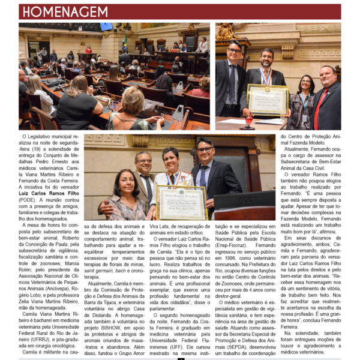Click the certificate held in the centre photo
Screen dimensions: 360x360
click(181, 202)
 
